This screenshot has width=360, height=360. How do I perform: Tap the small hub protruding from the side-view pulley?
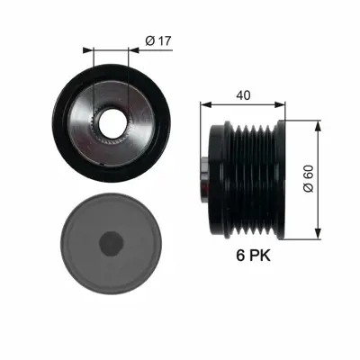click(x=204, y=177)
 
